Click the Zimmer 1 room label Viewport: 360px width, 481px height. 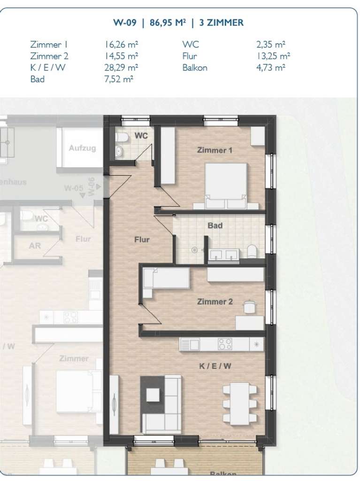(214, 151)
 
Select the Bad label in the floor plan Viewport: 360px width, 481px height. (215, 226)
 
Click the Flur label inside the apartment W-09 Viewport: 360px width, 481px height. (142, 240)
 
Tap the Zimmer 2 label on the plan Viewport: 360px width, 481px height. (215, 302)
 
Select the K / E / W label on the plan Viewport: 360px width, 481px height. (215, 367)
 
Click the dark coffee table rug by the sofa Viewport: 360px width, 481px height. (153, 395)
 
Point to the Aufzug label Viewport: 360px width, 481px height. (82, 148)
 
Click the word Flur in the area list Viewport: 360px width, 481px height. (189, 56)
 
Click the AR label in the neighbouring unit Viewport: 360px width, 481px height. (35, 246)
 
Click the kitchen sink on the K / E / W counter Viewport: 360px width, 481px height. (191, 344)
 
